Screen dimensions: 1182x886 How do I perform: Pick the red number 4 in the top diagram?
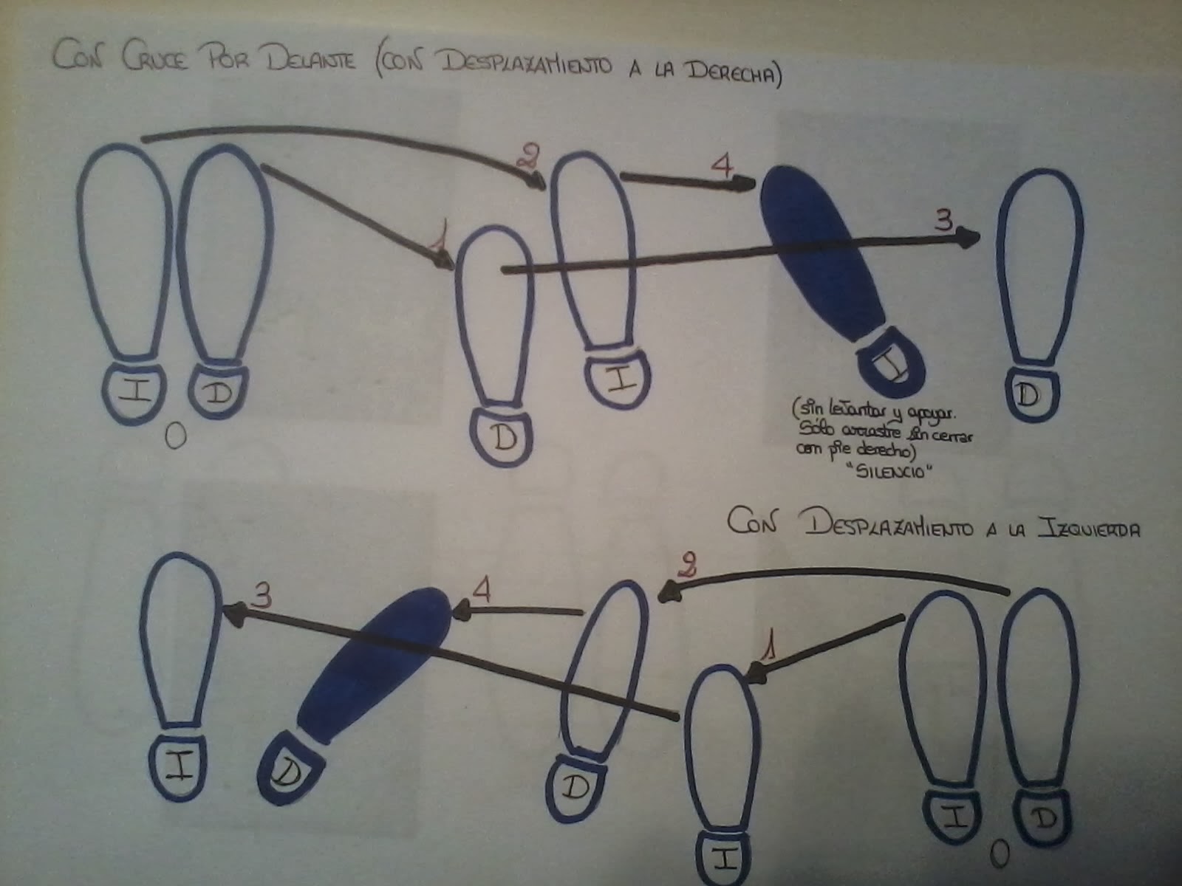point(722,165)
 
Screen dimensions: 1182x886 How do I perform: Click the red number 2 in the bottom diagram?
point(686,566)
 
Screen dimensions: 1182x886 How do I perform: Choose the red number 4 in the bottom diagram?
point(482,590)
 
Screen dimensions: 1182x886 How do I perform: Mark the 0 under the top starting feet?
point(174,437)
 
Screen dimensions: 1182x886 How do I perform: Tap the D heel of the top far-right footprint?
point(1028,396)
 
